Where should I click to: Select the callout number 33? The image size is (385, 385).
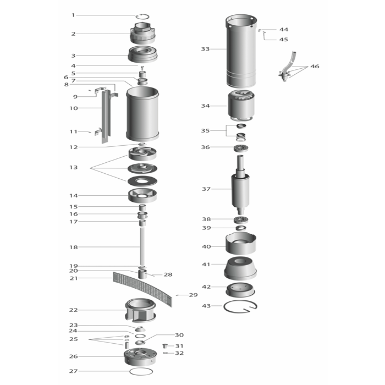[x=205, y=49]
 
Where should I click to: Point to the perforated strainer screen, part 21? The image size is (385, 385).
[x=142, y=289]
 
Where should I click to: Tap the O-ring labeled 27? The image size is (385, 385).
[x=141, y=371]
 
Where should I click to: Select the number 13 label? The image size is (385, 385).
[x=73, y=167]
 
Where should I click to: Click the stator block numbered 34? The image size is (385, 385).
[x=241, y=106]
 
